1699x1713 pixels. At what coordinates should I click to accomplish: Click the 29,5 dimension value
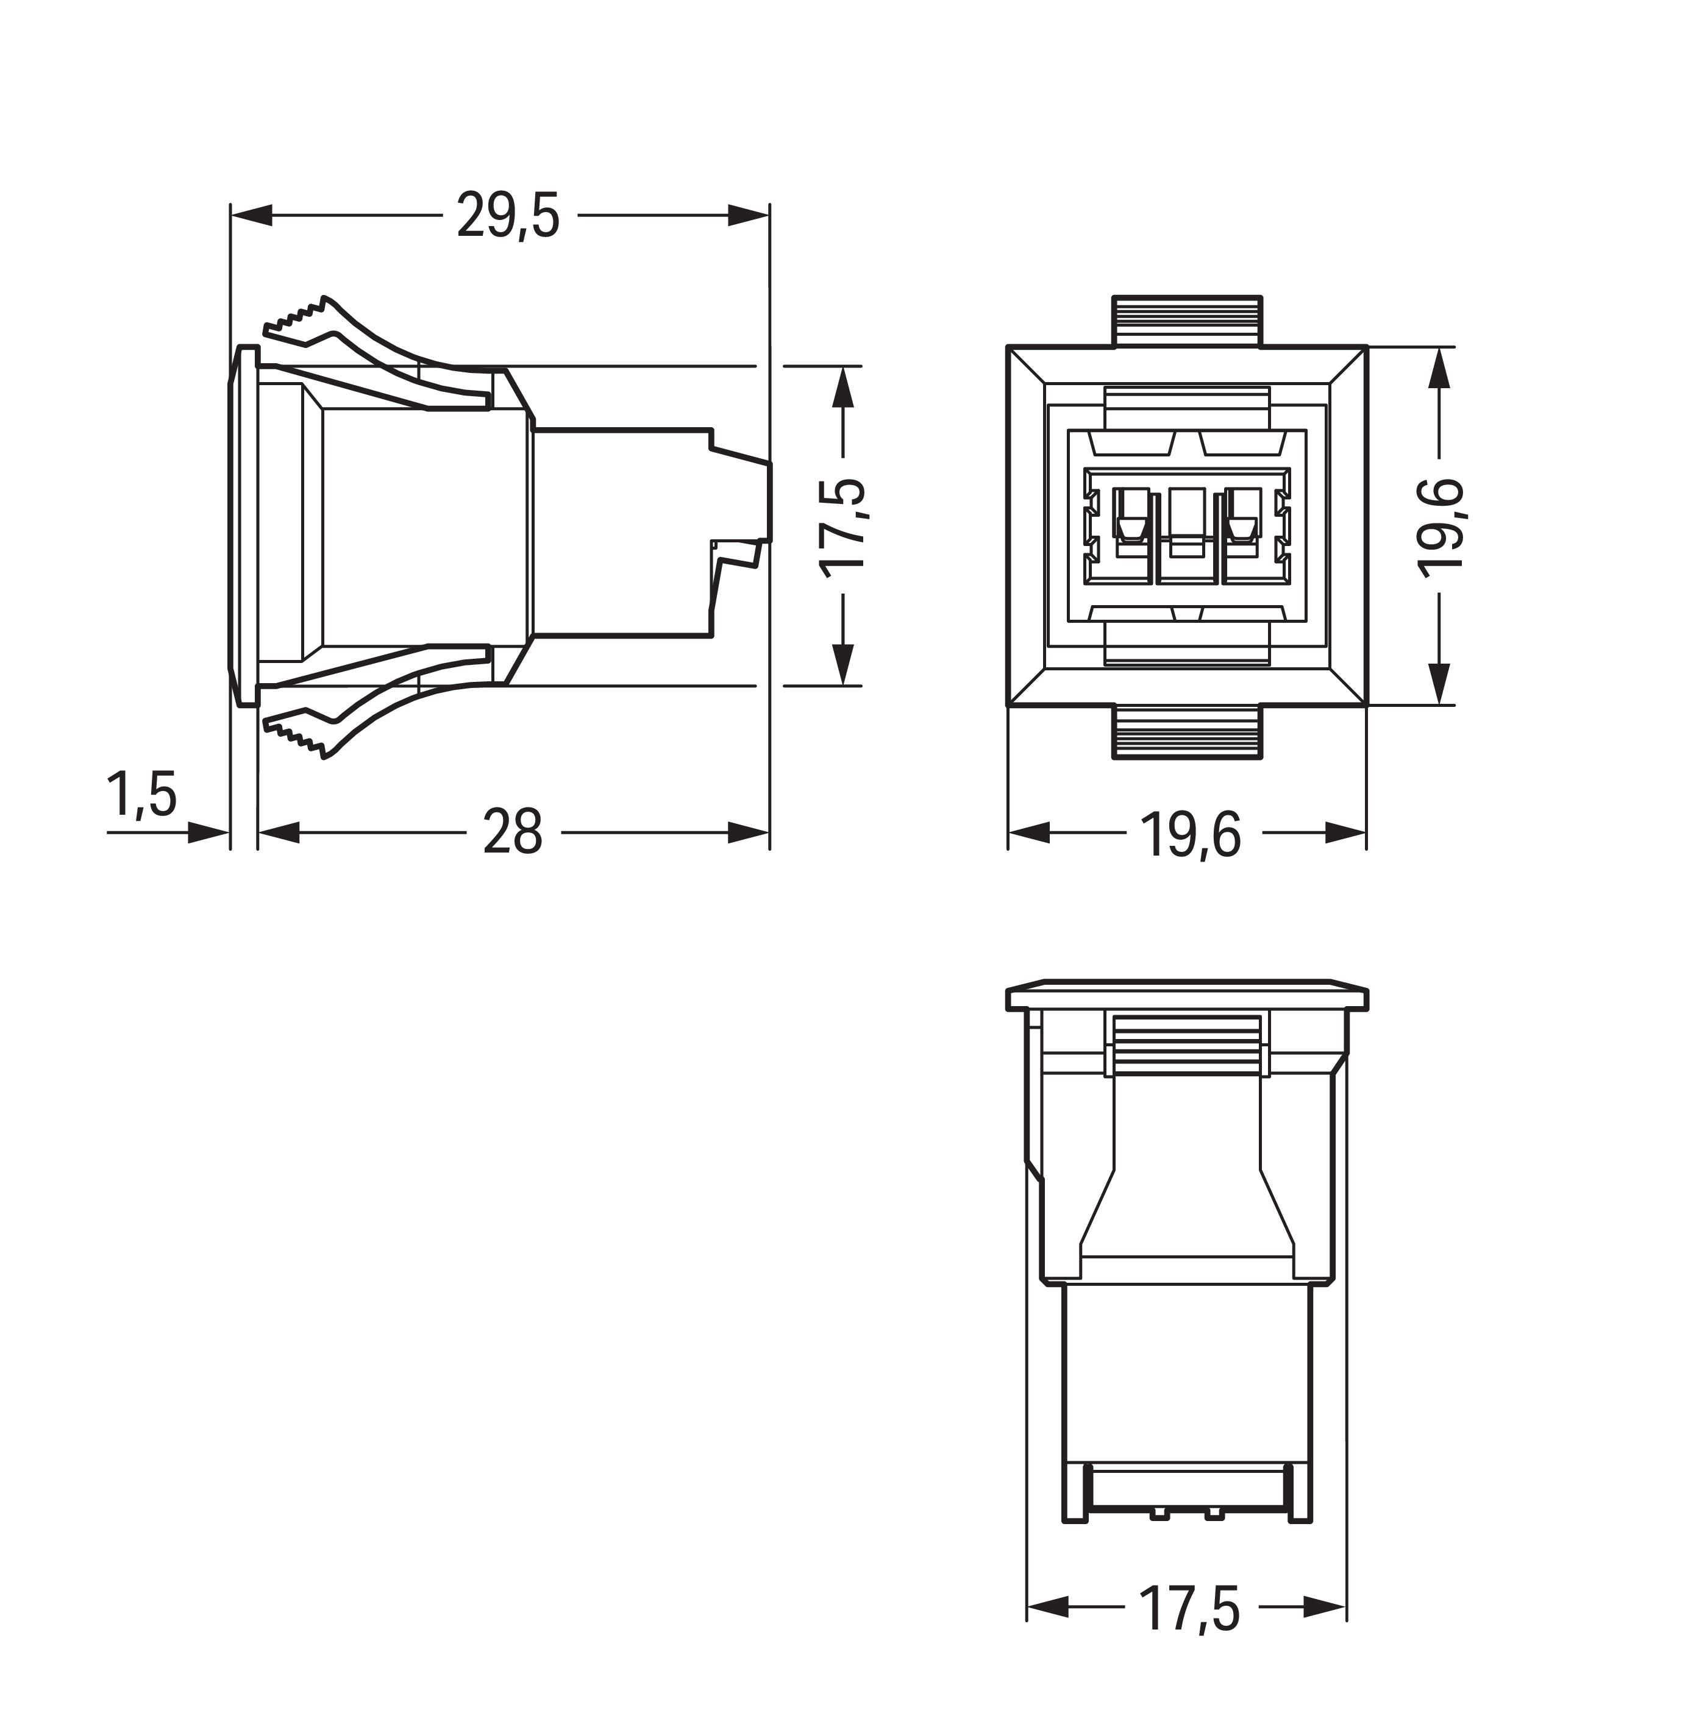click(x=508, y=216)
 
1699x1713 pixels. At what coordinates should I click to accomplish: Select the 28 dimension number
click(x=513, y=832)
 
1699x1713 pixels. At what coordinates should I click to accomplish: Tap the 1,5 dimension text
click(x=142, y=795)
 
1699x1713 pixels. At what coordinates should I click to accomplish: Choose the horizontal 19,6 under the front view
click(x=1189, y=834)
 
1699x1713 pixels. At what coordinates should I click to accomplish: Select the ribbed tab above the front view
click(x=1188, y=321)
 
